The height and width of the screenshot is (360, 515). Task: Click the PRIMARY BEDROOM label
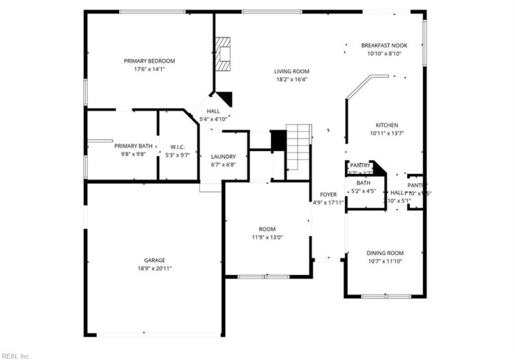(x=149, y=61)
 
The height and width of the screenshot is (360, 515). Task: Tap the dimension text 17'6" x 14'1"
(x=149, y=69)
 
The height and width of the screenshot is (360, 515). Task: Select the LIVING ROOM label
(x=292, y=71)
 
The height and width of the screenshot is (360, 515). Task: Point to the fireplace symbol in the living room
(x=223, y=53)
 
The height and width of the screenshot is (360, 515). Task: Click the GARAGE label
(x=154, y=260)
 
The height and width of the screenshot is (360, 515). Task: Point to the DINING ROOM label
(x=385, y=253)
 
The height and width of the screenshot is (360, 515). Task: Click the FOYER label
(x=328, y=194)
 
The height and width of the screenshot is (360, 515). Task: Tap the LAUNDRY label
(x=223, y=156)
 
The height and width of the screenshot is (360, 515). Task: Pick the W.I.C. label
(x=178, y=146)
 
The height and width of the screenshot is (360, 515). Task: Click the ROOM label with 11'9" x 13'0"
(x=267, y=229)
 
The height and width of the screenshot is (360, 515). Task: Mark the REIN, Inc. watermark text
(x=15, y=355)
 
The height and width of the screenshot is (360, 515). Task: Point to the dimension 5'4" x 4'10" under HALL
(x=214, y=119)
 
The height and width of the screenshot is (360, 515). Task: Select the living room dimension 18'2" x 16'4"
(x=292, y=80)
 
